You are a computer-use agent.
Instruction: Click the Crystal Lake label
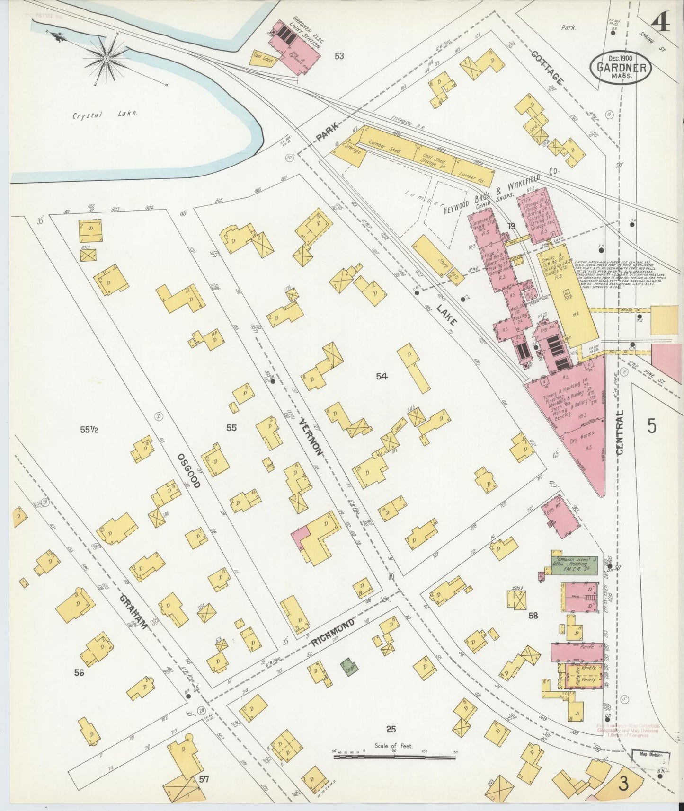coord(105,114)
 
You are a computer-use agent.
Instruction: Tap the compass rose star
coord(107,58)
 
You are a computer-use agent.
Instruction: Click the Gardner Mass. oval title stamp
coord(621,68)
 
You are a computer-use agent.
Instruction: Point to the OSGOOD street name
coord(189,470)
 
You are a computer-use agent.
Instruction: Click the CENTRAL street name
coord(620,432)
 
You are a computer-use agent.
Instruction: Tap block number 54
coord(382,376)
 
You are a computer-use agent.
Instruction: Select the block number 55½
coord(89,430)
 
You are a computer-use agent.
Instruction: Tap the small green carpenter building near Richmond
coord(349,669)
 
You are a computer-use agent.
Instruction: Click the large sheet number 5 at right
coord(652,426)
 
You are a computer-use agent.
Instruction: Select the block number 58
coord(533,616)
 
